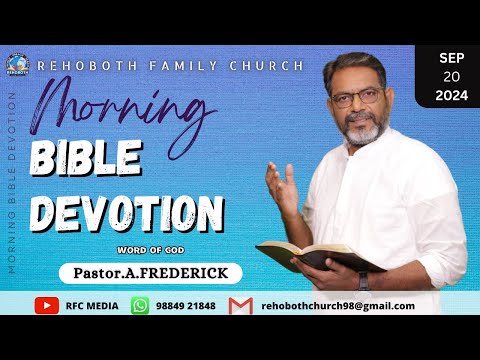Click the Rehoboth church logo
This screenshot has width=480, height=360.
(17, 64)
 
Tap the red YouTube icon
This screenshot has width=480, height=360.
(46, 305)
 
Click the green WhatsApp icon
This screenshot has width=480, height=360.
(141, 305)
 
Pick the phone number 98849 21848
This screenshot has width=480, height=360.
(184, 305)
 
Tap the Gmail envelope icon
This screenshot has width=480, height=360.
(239, 305)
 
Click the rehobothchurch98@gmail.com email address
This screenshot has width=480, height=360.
(337, 306)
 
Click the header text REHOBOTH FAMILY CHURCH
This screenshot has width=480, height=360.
(170, 65)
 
